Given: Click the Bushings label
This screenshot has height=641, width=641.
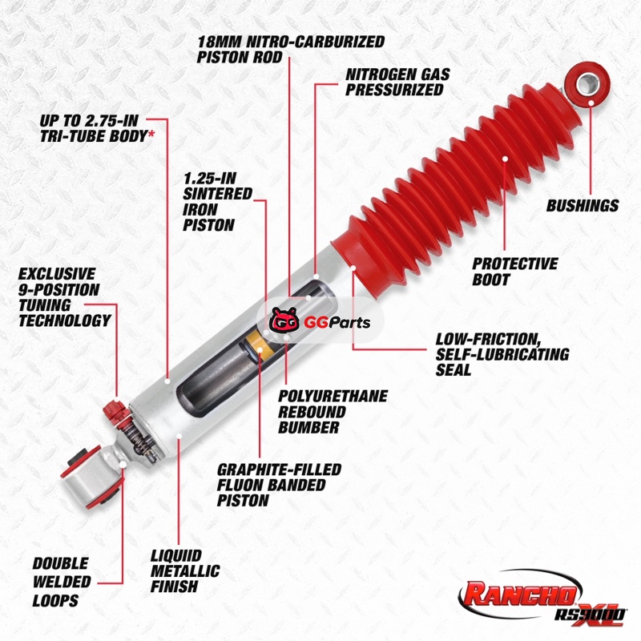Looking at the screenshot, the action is click(x=583, y=205).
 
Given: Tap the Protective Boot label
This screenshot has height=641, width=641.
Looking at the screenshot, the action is click(x=515, y=272).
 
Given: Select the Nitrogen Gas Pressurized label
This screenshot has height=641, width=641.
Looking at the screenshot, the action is click(x=397, y=82).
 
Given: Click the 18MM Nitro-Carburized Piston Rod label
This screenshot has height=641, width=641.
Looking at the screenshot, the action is click(x=291, y=49).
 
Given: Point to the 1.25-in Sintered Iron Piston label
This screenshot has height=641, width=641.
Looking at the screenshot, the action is click(x=217, y=202).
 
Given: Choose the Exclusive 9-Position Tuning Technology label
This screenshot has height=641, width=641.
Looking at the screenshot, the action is click(x=65, y=297).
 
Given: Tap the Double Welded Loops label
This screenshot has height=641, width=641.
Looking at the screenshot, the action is click(x=62, y=582).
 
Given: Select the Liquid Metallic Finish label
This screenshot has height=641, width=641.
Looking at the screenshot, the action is click(x=185, y=571).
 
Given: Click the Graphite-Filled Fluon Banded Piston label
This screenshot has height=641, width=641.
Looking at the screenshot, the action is click(x=279, y=485).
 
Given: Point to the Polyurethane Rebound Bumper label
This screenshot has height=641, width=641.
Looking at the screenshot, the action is click(x=333, y=412).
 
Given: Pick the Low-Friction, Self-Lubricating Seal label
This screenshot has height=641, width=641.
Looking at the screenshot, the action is click(x=502, y=354).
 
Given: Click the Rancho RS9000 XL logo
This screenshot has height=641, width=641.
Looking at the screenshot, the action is click(x=542, y=598).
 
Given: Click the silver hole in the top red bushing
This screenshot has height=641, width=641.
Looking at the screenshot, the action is click(x=588, y=83).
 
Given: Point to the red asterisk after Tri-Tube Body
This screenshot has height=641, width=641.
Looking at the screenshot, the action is click(x=151, y=132).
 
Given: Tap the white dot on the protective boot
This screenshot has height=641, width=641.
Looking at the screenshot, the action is click(x=505, y=159).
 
